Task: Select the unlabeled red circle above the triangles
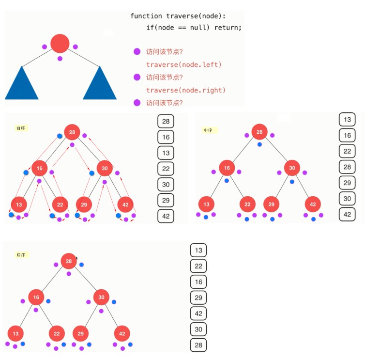coord(60,44)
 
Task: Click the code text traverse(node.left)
coord(183,64)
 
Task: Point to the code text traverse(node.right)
coord(186,90)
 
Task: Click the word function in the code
coord(146,16)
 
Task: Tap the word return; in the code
coord(228,28)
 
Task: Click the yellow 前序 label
coord(21,128)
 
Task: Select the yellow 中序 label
coord(209,130)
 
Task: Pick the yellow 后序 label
coord(21,255)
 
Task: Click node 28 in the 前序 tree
coord(72,132)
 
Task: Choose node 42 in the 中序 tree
coord(313,204)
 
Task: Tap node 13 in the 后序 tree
coord(15,333)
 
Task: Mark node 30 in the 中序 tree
coord(292,168)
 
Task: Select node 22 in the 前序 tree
coord(60,204)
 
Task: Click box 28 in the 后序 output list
coord(198,345)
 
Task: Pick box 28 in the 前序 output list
coord(166,121)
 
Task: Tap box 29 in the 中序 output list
coord(347,183)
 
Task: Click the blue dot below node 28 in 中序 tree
coord(259,144)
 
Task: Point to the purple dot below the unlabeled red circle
coord(60,59)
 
